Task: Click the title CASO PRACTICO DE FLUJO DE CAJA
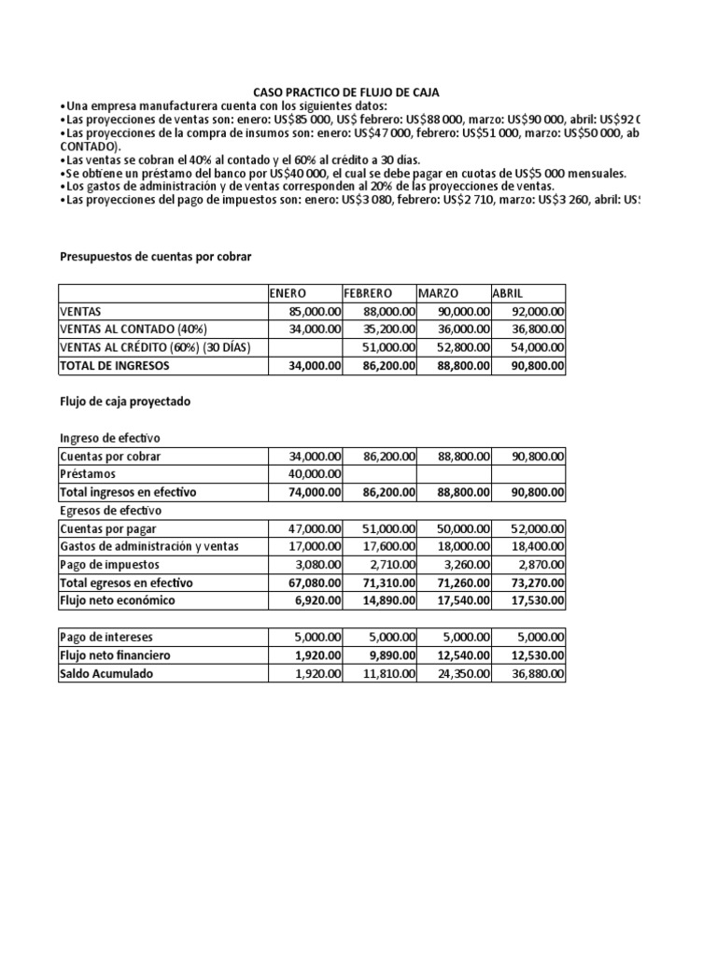point(346,92)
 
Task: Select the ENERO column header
point(288,293)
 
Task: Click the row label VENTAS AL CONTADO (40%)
point(133,329)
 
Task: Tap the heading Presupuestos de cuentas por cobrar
point(156,255)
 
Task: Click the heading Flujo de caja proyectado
point(125,401)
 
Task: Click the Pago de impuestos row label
point(109,565)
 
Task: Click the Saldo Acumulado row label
point(105,673)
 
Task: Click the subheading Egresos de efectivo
point(110,511)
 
